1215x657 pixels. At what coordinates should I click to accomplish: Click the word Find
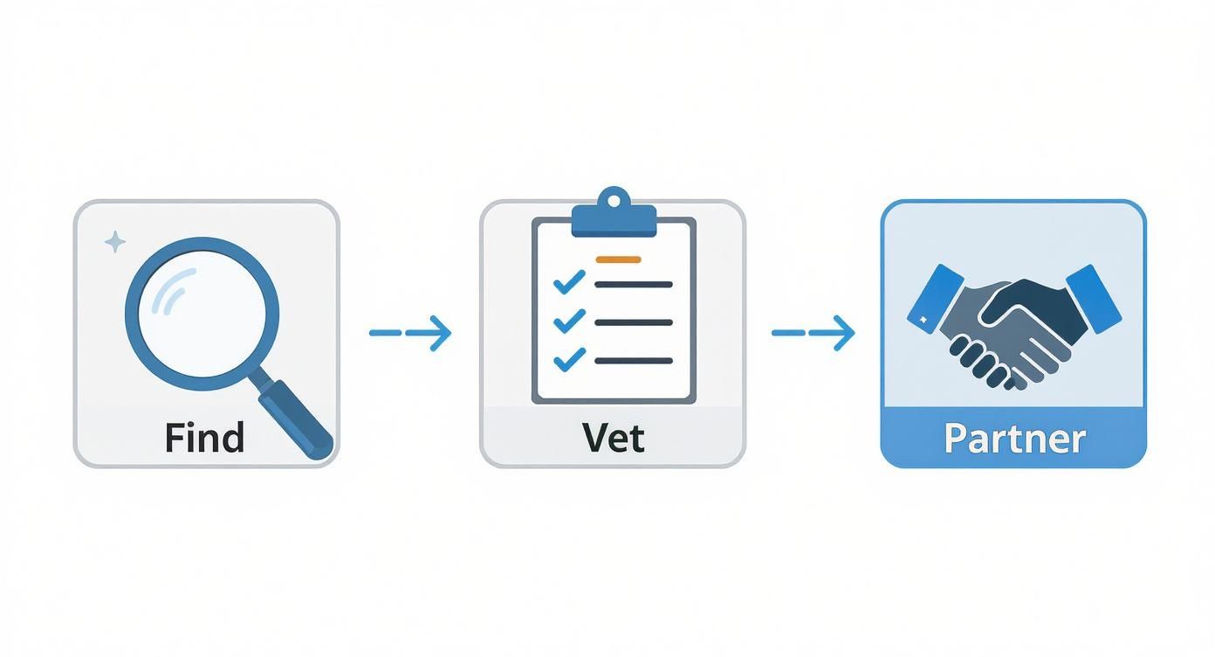pos(204,437)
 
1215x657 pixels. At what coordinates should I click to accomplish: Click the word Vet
pos(613,437)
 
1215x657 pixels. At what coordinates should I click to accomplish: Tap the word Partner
pos(1013,438)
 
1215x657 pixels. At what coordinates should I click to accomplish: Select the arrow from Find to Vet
pos(410,333)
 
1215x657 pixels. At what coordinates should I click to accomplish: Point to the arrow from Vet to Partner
pos(813,333)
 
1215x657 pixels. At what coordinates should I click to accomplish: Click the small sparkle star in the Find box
pos(114,242)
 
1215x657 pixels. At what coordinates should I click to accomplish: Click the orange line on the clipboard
pos(617,259)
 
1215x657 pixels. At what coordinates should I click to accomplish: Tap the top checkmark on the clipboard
pos(569,281)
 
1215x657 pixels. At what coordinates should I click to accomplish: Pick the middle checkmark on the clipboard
pos(569,320)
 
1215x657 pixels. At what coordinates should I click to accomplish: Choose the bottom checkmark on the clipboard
pos(569,357)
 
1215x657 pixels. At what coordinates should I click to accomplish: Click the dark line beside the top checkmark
pos(633,284)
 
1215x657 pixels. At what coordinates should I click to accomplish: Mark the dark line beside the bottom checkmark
pos(633,360)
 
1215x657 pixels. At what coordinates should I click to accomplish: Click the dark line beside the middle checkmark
pos(633,322)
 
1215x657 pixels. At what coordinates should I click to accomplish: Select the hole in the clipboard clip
pos(613,201)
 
